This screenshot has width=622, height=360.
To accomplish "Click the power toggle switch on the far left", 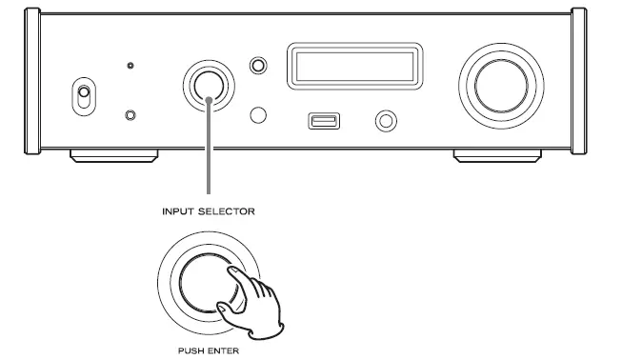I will tap(83, 96).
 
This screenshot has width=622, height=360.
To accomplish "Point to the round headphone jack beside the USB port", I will tap(387, 121).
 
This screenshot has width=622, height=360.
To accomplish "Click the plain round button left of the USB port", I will tap(256, 115).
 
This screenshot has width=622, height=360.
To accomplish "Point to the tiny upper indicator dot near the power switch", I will tap(130, 68).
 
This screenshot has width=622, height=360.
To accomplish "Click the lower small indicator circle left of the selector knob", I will tap(130, 115).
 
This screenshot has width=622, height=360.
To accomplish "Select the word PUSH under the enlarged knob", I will tap(186, 350).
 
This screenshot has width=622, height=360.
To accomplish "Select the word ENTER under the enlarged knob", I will tap(222, 350).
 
